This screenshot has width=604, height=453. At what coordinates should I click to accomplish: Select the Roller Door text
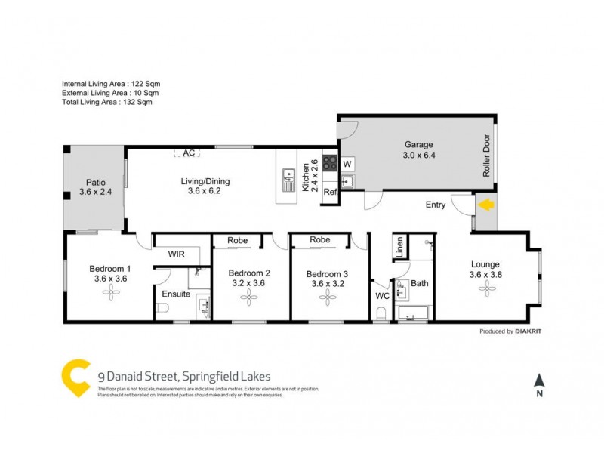[486, 156]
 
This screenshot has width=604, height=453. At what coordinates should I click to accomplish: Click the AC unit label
[189, 153]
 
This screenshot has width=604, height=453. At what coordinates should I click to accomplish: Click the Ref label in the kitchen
[329, 193]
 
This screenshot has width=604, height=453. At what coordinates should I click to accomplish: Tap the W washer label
[347, 164]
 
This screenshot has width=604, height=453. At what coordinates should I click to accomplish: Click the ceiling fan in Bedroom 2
[249, 298]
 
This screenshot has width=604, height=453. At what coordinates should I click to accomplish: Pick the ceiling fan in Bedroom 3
[327, 298]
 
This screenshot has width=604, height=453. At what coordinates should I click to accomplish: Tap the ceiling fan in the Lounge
[485, 289]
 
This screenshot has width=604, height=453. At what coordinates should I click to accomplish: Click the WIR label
[177, 254]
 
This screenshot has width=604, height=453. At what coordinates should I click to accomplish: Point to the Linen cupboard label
[399, 247]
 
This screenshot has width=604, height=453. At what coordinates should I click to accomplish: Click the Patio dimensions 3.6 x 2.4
[95, 193]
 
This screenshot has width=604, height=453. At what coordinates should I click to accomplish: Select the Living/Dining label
[205, 181]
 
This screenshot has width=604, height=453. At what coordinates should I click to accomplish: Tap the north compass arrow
[538, 381]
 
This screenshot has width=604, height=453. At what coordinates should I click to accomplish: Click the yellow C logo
[75, 377]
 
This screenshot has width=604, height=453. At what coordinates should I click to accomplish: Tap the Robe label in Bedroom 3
[320, 240]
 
